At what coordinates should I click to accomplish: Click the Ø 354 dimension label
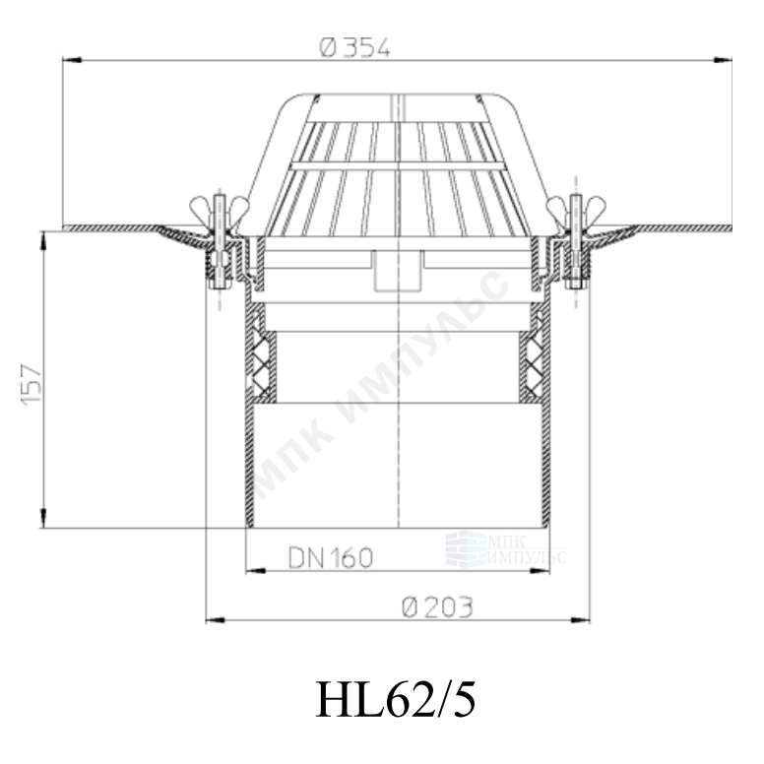355,47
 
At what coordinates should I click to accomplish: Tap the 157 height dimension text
32,382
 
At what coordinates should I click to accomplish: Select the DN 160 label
331,557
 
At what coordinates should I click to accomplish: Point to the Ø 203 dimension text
437,607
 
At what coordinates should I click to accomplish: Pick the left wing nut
220,206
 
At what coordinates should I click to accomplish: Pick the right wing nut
576,206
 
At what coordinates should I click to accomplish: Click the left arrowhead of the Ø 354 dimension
71,60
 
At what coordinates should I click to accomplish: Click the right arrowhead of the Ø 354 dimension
723,60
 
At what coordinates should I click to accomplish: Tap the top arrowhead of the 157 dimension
43,240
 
